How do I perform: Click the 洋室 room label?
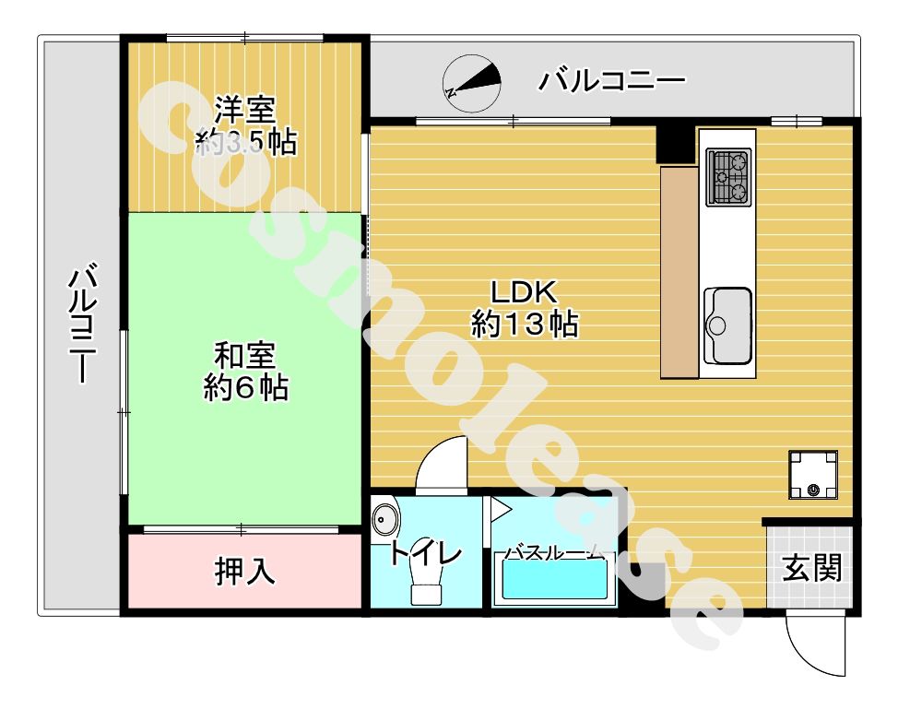pos(245,110)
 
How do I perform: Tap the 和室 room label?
pos(245,355)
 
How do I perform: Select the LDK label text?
pos(524,292)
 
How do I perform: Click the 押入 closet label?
pos(245,572)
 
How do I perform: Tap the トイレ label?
pos(424,554)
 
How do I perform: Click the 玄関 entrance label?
pos(812,568)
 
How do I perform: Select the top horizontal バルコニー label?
pos(613,81)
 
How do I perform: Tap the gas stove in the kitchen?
pos(729,177)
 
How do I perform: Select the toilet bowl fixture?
pos(425,583)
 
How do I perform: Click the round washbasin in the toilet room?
pos(385,519)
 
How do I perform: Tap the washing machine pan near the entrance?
pos(813,475)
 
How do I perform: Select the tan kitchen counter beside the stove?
pos(679,272)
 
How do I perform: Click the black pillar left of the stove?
pos(674,143)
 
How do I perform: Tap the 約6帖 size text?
pos(245,388)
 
